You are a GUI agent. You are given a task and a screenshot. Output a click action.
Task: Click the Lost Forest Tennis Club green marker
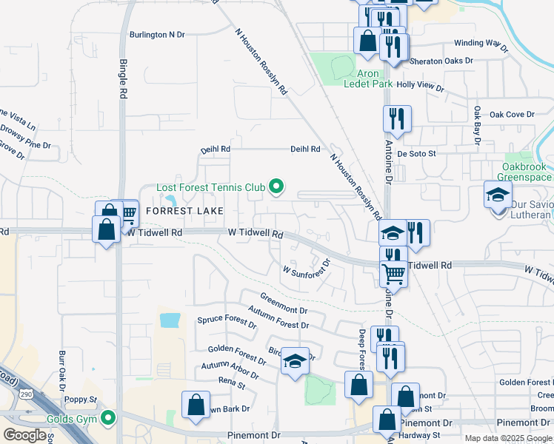(x=277, y=187)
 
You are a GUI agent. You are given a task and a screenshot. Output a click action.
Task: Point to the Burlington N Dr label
(x=156, y=34)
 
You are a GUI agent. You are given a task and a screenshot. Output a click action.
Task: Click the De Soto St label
(x=417, y=153)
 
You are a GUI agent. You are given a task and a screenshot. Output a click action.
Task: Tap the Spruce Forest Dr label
(x=227, y=321)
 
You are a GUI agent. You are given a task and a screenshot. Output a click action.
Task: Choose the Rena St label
(x=232, y=382)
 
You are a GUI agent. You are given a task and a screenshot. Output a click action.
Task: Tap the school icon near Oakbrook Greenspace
(x=497, y=195)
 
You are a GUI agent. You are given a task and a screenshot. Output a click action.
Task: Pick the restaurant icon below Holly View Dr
(x=397, y=118)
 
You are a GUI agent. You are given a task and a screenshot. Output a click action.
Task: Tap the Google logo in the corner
(x=24, y=435)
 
